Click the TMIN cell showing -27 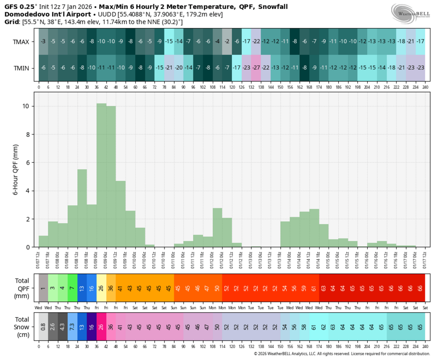[x=256, y=68]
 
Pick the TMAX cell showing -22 [x=256, y=41]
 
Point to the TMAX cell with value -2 [x=227, y=41]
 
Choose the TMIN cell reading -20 [x=178, y=68]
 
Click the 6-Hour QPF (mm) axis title [x=16, y=170]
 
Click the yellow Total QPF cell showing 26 [x=101, y=288]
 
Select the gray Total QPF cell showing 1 [x=43, y=288]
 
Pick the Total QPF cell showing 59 [x=304, y=288]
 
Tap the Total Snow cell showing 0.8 [x=43, y=327]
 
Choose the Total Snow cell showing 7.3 [x=72, y=327]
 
